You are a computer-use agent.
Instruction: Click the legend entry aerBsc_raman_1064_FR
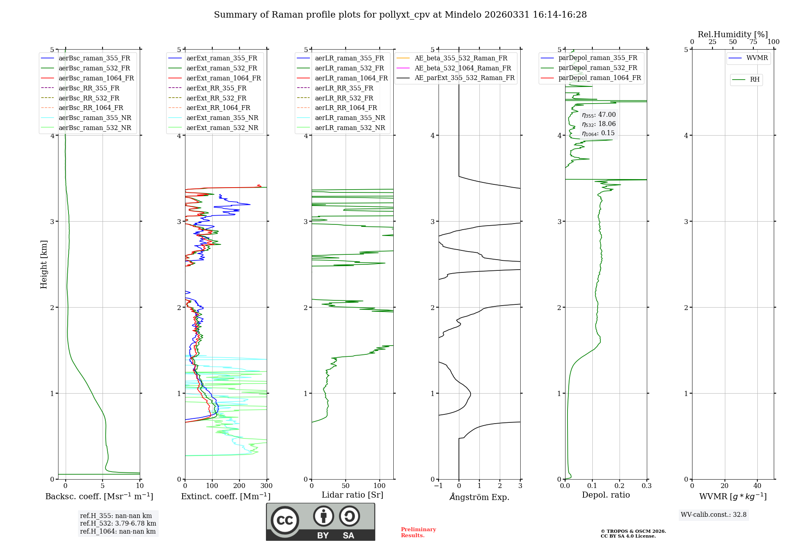[x=96, y=78]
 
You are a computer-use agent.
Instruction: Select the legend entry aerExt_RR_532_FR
[x=216, y=98]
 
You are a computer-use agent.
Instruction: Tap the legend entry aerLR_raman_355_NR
[x=350, y=118]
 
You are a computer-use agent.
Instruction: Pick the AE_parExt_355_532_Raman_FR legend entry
[x=465, y=78]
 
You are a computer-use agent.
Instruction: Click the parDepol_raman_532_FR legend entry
[x=598, y=68]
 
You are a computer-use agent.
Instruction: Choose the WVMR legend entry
[x=757, y=58]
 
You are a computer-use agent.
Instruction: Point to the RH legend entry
[x=755, y=80]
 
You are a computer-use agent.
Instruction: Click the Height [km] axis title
[x=44, y=264]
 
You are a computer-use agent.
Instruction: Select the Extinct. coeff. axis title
[x=225, y=496]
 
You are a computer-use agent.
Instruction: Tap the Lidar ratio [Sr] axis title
[x=352, y=495]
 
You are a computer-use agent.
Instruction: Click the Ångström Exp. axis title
[x=479, y=497]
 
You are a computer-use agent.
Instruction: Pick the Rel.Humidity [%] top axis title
[x=733, y=34]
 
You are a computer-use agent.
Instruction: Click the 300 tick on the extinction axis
[x=266, y=486]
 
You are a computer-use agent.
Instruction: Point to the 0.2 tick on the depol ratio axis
[x=620, y=486]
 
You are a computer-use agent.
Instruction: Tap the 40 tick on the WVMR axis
[x=757, y=486]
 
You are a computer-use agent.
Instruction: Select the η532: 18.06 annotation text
[x=599, y=124]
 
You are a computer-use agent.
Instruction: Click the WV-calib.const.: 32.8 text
[x=714, y=514]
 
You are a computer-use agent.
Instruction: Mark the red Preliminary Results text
[x=418, y=532]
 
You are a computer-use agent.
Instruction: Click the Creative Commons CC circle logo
[x=285, y=520]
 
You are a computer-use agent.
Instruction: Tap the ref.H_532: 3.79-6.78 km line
[x=118, y=523]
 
